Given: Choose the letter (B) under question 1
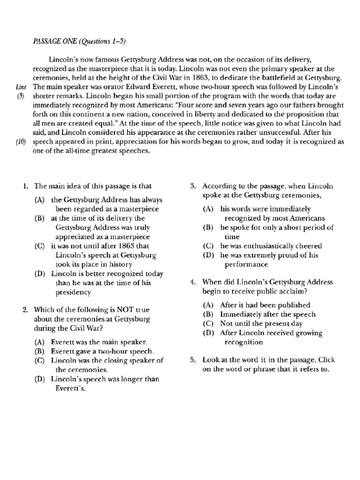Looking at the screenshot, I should (x=40, y=218).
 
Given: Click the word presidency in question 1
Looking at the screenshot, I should (x=73, y=292).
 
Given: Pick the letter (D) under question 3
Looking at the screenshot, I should (x=208, y=255).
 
